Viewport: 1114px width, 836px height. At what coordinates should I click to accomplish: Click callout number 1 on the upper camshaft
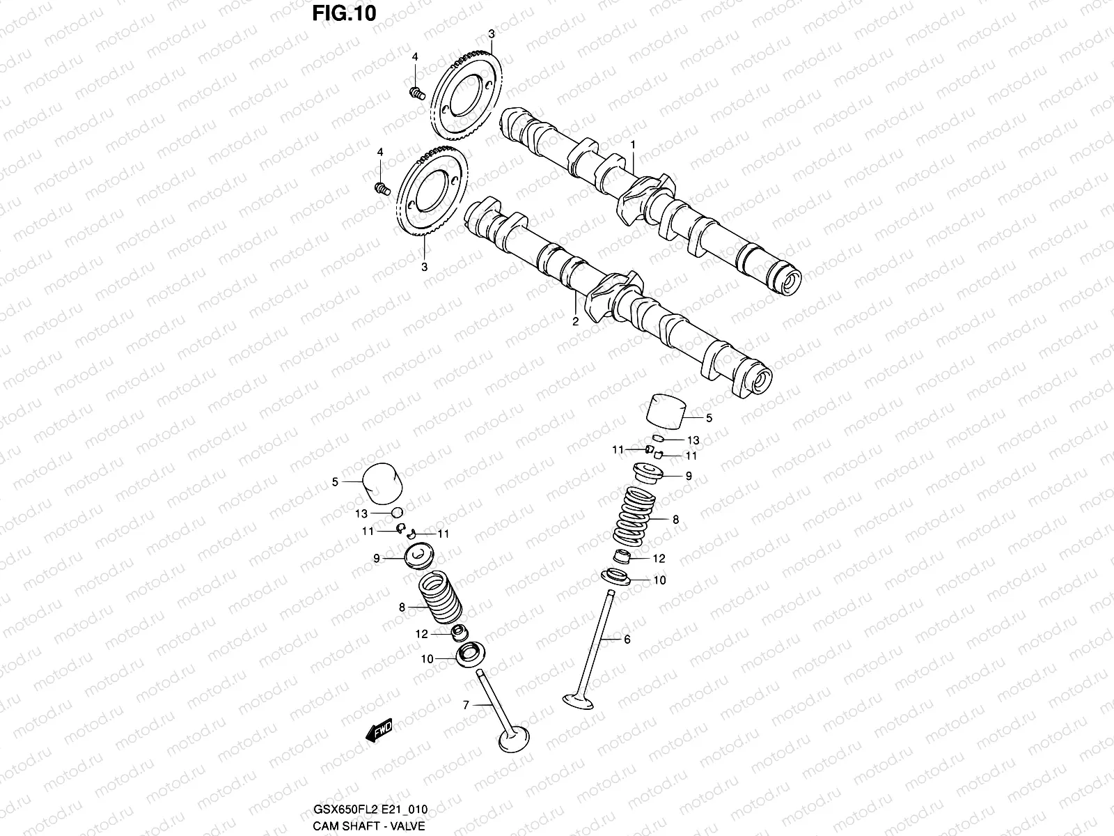click(633, 144)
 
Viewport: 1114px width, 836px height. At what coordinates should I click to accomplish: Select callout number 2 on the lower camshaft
click(576, 321)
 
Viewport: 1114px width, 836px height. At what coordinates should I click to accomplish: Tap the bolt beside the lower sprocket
click(382, 187)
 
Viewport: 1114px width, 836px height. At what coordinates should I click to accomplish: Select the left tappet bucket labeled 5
click(382, 482)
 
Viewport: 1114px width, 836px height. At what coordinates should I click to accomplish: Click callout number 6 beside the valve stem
click(627, 639)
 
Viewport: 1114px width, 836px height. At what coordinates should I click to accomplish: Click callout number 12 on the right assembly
click(659, 558)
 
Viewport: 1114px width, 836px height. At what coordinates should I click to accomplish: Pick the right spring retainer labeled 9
click(648, 474)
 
